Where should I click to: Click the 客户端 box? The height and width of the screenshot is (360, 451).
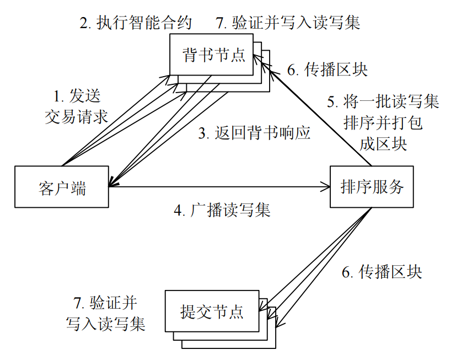coord(62,187)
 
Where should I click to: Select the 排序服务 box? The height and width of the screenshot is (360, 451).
coord(372,187)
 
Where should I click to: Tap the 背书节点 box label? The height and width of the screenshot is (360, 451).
coord(213,55)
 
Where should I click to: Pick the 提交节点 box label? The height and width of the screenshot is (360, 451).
coord(212,311)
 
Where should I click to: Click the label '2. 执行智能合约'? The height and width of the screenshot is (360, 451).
coord(135,23)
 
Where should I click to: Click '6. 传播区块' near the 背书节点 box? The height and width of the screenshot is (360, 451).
coord(327,70)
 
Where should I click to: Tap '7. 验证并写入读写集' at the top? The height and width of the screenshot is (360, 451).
coord(288,23)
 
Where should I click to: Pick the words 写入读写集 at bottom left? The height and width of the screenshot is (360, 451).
coord(105,324)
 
